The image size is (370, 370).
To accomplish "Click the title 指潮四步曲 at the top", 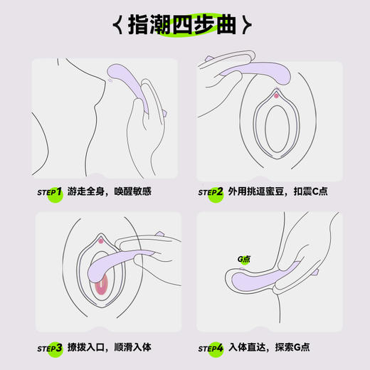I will click(184, 26).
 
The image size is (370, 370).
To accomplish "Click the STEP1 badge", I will click(51, 192).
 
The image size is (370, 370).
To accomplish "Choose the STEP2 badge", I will click(211, 192).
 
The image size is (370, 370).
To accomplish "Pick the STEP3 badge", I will click(51, 348).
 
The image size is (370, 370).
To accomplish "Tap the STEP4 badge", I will click(211, 348).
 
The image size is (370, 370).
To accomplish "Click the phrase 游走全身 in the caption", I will click(88, 192).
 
